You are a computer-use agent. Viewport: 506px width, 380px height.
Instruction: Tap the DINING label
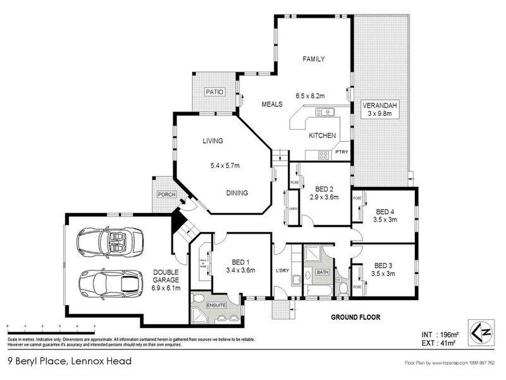tap(237, 193)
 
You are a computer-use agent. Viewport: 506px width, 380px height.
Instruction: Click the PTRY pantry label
tap(342, 152)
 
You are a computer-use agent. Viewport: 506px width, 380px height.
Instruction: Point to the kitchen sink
tap(325, 113)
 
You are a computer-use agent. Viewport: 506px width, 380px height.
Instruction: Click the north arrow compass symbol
tap(479, 331)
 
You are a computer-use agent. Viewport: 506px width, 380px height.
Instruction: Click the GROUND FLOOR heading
tap(355, 315)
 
